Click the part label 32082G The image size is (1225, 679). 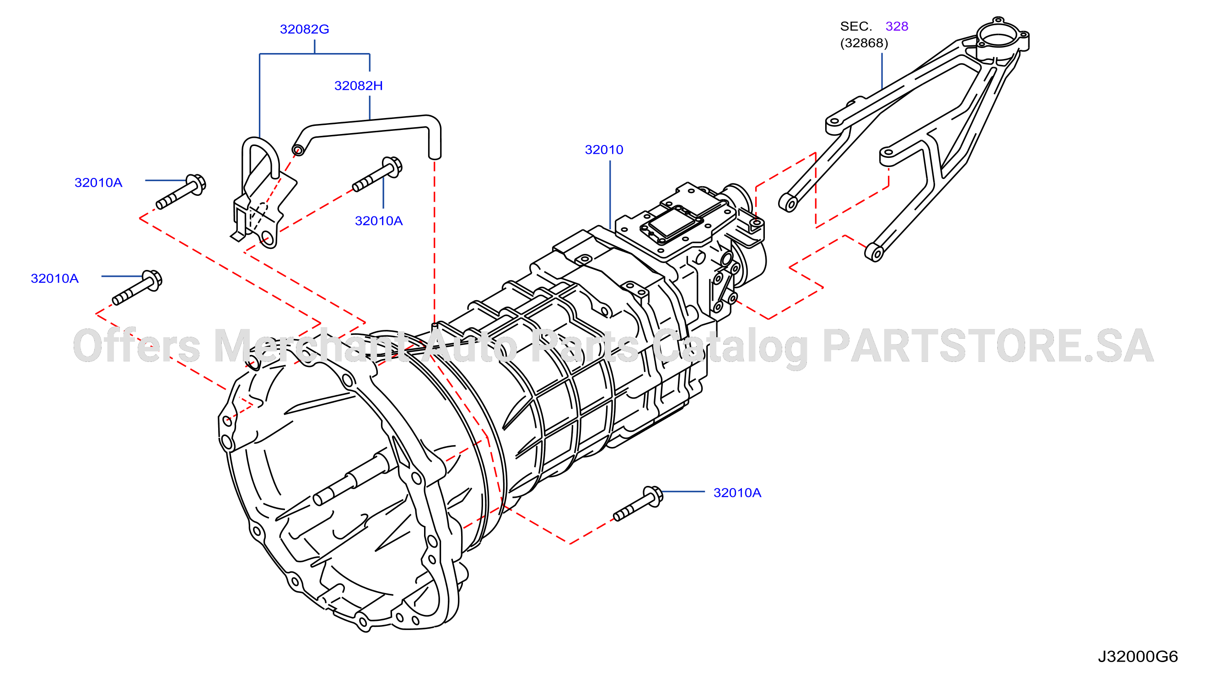(x=304, y=29)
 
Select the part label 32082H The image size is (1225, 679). (x=359, y=86)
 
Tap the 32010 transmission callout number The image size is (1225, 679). (x=604, y=150)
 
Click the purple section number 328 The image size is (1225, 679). (x=897, y=26)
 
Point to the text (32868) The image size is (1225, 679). (x=864, y=43)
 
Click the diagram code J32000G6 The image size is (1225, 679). (x=1138, y=657)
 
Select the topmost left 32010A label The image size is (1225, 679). (x=98, y=183)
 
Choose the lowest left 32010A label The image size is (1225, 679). (x=55, y=278)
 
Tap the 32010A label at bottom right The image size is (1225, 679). (x=737, y=493)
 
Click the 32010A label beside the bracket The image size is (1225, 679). (x=379, y=221)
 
